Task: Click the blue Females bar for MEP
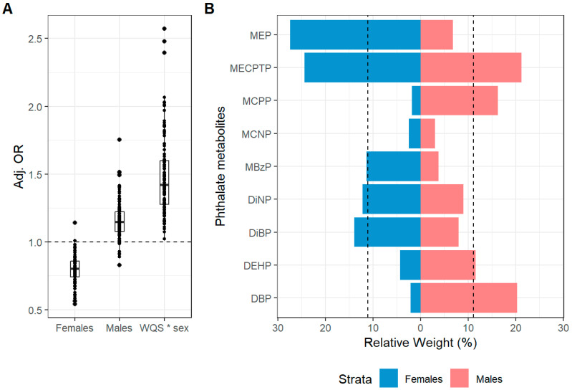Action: (x=354, y=34)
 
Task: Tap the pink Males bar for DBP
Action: (x=468, y=298)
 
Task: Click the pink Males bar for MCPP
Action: (x=459, y=100)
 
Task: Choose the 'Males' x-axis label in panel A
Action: (x=119, y=328)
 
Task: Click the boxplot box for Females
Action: (x=74, y=268)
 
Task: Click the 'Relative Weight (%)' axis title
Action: (x=420, y=342)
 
